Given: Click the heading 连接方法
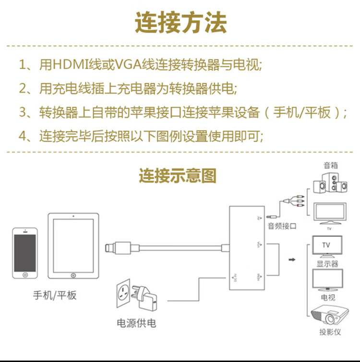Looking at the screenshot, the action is pos(180,23).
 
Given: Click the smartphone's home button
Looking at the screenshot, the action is pos(25,276).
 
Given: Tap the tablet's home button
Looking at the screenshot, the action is pos(73,276).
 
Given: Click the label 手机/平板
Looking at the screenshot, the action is pos(54,295).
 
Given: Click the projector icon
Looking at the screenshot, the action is pos(330,315).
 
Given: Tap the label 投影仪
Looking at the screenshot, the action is pos(330,332).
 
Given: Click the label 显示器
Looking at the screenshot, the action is pos(327,264).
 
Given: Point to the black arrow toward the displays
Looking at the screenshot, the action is pos(291,260).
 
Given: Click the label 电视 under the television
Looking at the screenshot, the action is pos(328,298).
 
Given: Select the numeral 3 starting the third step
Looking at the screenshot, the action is pos(23,113).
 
